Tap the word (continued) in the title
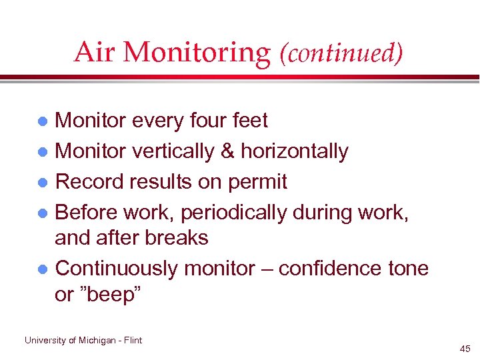[x=342, y=53]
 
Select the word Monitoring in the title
[x=196, y=53]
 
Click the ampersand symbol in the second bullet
[x=226, y=151]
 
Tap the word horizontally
[x=295, y=151]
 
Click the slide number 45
[x=464, y=349]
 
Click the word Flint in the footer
[x=134, y=340]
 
